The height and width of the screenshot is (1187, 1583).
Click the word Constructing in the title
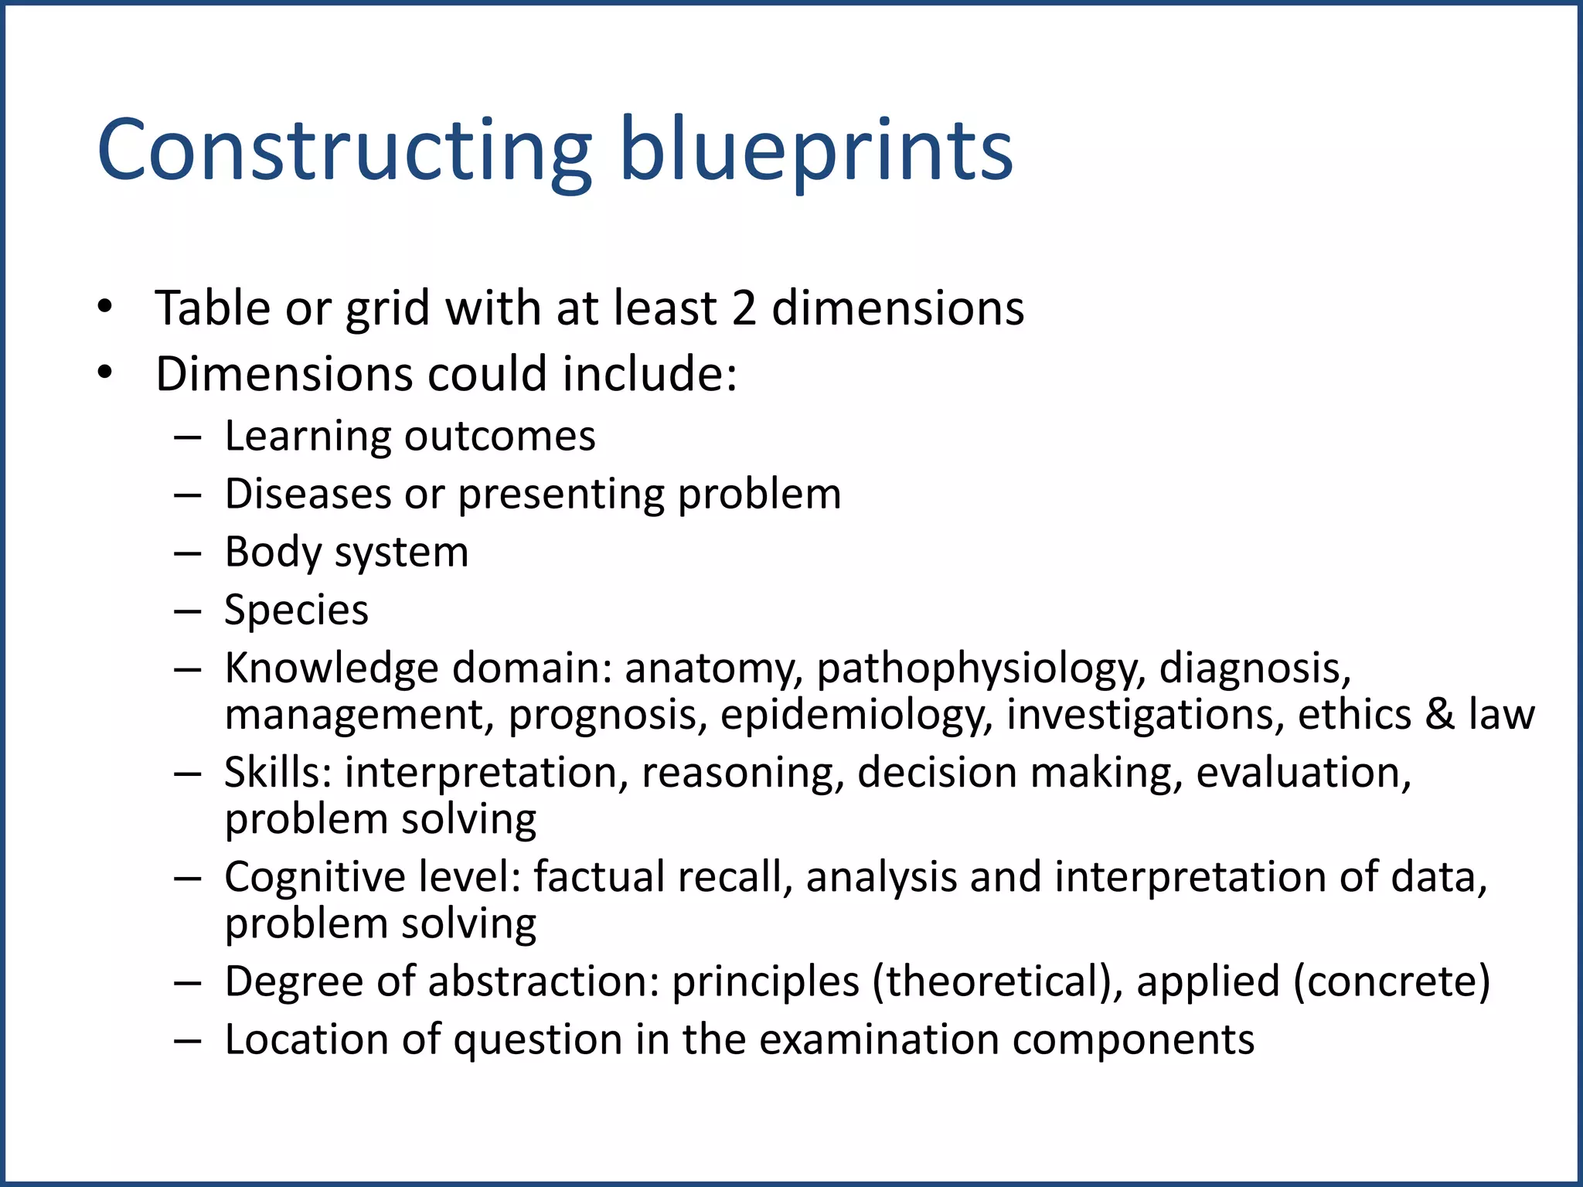(344, 151)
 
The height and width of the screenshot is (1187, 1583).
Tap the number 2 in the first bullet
(744, 308)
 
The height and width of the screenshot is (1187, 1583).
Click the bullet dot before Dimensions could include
(106, 374)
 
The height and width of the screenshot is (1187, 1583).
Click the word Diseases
(308, 495)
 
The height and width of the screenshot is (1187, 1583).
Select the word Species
(296, 611)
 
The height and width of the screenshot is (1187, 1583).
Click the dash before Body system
(187, 553)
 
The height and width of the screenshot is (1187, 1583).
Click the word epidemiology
(856, 716)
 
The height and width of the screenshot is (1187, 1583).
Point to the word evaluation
(1303, 773)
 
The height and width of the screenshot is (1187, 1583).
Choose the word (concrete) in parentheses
(1391, 982)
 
